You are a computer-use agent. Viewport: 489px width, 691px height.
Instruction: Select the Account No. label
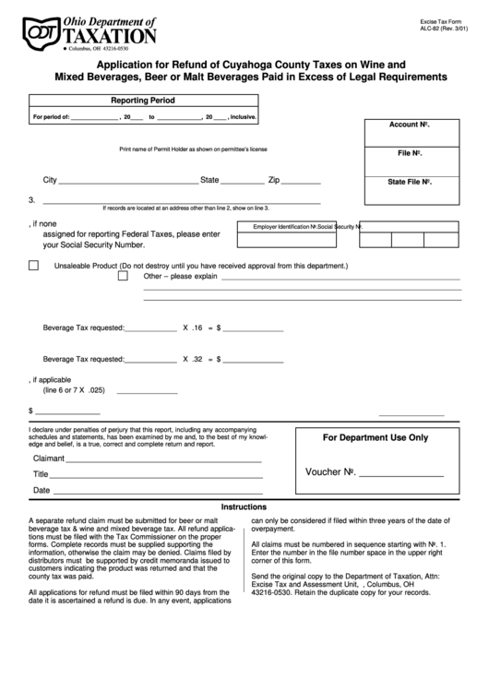pos(411,124)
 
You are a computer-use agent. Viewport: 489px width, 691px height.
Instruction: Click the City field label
pos(51,180)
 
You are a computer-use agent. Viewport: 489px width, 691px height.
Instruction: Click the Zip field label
pos(274,180)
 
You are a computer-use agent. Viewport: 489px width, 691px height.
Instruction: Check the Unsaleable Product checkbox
pos(33,265)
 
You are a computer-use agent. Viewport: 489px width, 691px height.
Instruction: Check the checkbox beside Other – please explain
pos(123,275)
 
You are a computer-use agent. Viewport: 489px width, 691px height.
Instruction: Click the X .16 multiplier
pos(192,328)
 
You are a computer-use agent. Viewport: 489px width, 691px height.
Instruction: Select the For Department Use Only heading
pos(374,437)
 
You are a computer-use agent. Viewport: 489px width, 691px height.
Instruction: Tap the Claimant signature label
pos(50,459)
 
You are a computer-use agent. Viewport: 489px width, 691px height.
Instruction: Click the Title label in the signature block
pos(41,474)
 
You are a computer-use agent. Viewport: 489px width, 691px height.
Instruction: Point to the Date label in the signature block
pos(42,490)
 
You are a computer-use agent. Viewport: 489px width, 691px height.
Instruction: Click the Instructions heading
pos(244,506)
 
